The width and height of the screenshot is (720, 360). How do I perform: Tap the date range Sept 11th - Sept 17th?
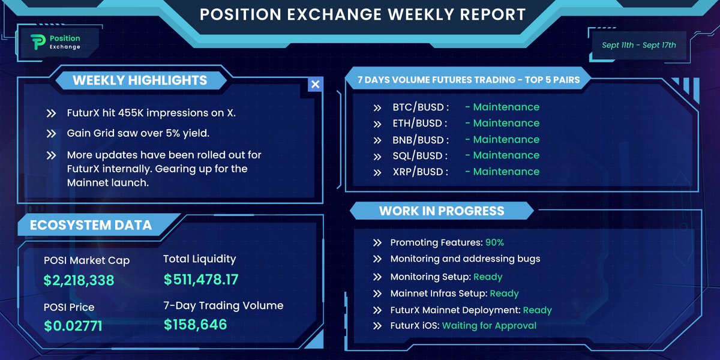pos(638,45)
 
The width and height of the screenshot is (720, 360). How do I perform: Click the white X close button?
pos(315,84)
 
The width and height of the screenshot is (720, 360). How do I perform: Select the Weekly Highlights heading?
pos(140,80)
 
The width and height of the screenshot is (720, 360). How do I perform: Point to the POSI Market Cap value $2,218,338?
pos(79,280)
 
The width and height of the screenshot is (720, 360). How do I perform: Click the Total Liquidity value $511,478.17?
pos(201,279)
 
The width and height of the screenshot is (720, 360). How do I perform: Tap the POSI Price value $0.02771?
pos(73,326)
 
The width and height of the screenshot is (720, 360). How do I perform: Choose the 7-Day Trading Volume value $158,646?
pos(196,325)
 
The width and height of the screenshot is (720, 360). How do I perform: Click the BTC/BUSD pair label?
pos(421,107)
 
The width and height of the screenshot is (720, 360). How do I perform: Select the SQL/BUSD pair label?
pos(420,155)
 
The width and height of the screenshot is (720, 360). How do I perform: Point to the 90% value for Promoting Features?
pos(494,242)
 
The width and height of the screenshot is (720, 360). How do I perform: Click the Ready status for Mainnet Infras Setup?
pos(504,293)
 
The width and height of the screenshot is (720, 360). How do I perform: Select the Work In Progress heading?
pos(442,211)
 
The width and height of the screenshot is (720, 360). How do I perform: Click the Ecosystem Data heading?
pos(91,226)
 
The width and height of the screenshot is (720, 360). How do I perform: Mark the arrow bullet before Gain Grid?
pos(52,134)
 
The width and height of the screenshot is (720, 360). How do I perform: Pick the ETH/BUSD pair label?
pos(420,124)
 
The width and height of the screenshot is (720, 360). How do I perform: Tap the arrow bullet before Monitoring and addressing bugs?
pos(377,259)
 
